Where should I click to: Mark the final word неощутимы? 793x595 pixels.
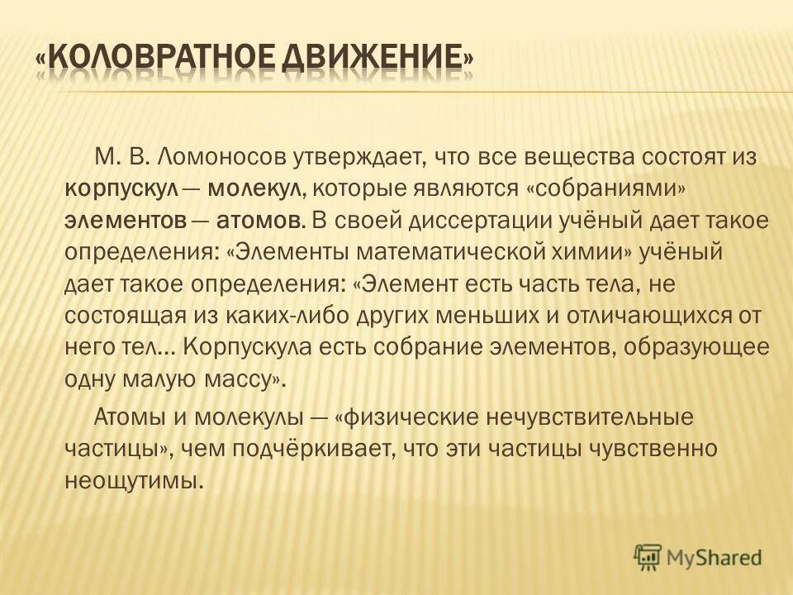pos(133,481)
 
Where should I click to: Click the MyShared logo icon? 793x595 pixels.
pos(649,555)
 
